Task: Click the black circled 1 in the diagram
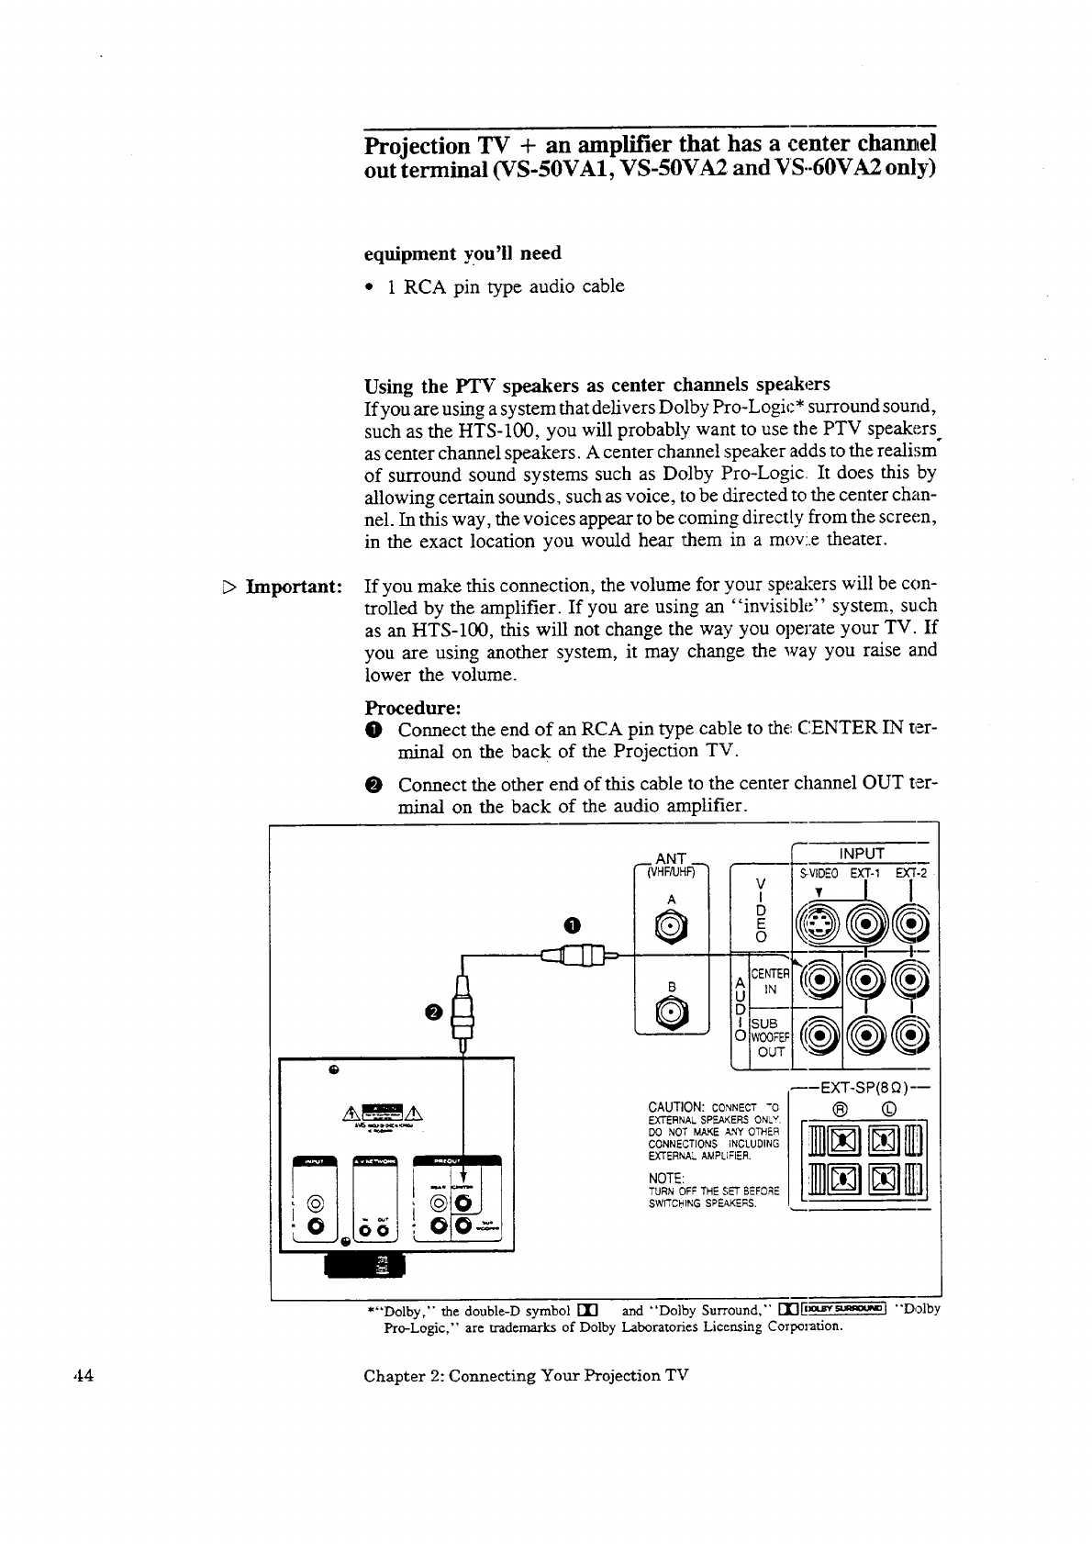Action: [572, 925]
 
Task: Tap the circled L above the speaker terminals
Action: [887, 1107]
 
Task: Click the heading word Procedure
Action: [412, 709]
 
